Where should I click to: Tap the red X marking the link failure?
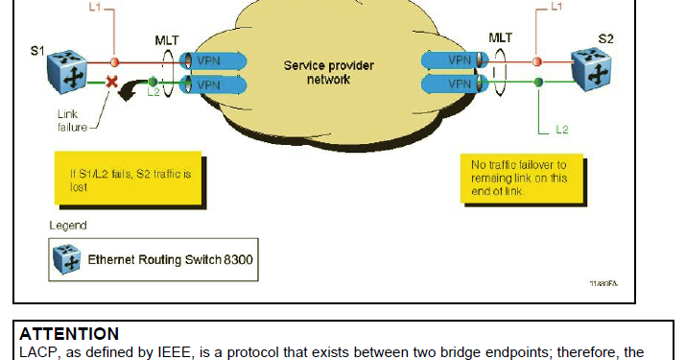112,84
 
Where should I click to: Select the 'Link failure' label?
74,120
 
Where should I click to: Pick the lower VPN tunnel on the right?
458,84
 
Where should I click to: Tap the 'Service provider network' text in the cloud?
328,73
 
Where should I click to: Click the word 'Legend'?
68,226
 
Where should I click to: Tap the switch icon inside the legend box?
67,258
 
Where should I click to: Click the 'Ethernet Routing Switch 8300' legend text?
172,259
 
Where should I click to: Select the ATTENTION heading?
69,334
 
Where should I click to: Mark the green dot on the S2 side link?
538,83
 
